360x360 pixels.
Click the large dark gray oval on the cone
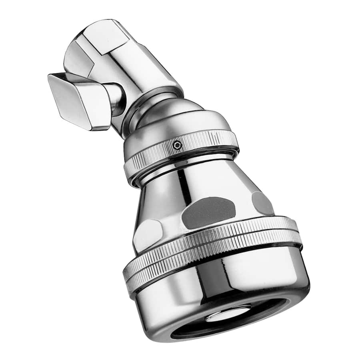pos(208,212)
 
